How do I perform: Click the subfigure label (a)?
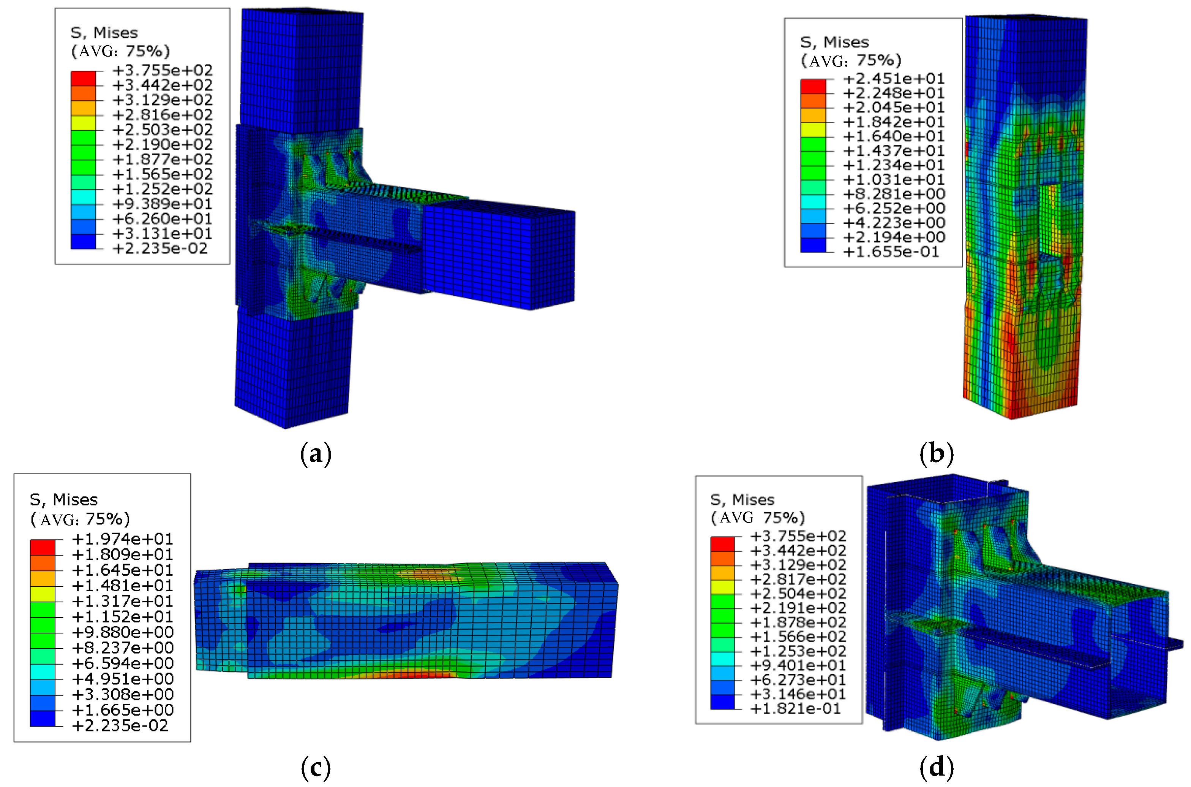[x=316, y=454]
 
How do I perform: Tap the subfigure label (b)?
[x=936, y=454]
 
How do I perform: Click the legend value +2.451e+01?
[x=894, y=79]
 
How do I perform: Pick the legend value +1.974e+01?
[x=123, y=539]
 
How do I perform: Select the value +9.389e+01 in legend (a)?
[x=163, y=204]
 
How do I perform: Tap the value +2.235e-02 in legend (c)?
[x=120, y=726]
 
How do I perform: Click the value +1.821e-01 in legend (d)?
[x=795, y=709]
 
